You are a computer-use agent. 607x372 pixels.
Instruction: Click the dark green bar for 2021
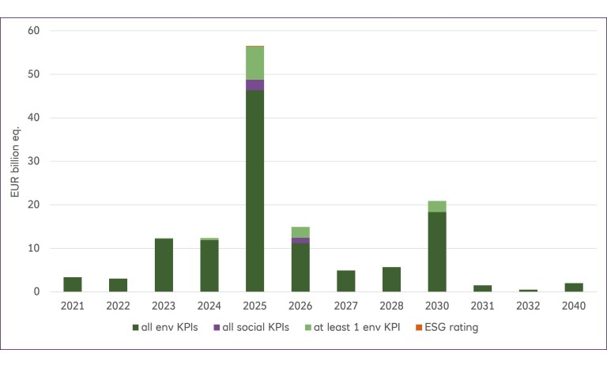pyautogui.click(x=73, y=284)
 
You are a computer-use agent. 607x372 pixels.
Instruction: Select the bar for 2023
pyautogui.click(x=164, y=265)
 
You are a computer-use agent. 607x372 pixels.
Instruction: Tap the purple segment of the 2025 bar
pyautogui.click(x=254, y=85)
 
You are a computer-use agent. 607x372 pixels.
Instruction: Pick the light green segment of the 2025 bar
pyautogui.click(x=254, y=63)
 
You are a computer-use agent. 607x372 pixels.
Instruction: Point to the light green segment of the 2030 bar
pyautogui.click(x=436, y=206)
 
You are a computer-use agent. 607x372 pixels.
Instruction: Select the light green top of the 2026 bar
pyautogui.click(x=300, y=232)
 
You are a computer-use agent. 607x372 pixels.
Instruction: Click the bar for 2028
pyautogui.click(x=390, y=279)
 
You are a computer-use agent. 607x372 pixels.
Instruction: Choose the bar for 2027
pyautogui.click(x=345, y=280)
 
